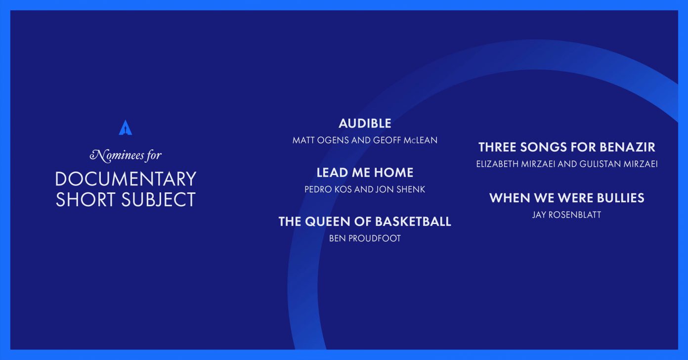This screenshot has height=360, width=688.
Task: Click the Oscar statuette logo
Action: click(x=126, y=127)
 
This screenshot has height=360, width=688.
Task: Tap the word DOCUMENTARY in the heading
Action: click(x=126, y=179)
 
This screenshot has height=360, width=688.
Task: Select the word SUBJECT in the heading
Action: click(x=159, y=199)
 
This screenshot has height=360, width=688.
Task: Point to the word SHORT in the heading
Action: click(x=86, y=199)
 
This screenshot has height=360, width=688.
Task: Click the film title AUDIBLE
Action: click(x=365, y=124)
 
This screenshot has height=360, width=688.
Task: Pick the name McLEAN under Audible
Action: click(x=421, y=140)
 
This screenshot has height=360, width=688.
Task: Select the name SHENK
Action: click(x=411, y=189)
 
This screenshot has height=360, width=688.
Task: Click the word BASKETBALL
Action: click(x=413, y=222)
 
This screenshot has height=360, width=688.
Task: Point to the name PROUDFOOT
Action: click(x=375, y=238)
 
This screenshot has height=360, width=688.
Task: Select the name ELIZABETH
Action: click(x=497, y=164)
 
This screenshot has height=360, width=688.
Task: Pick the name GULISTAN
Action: click(x=600, y=164)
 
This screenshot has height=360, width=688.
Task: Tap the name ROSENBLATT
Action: click(x=575, y=215)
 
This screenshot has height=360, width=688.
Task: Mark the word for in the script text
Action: click(x=154, y=156)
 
